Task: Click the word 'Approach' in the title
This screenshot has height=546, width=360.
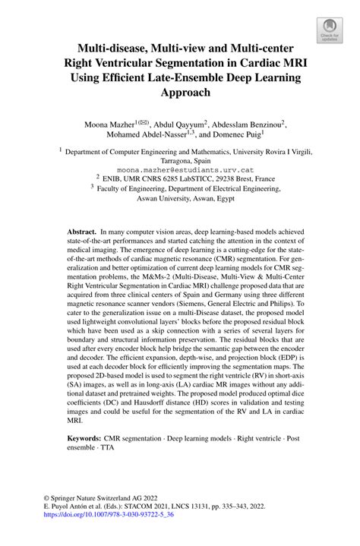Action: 179,92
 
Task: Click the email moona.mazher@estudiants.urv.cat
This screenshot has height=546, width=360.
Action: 180,172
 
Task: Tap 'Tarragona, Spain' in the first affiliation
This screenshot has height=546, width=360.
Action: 180,162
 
